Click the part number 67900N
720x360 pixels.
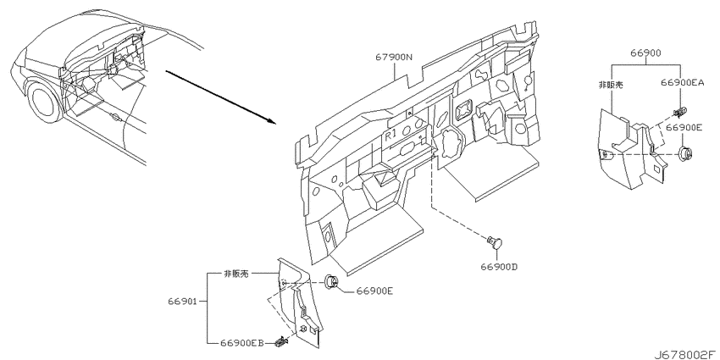click(x=394, y=58)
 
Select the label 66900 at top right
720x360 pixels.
click(x=645, y=53)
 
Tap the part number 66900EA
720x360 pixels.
click(x=682, y=82)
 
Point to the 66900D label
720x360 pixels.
click(x=499, y=266)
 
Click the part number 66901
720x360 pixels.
click(x=182, y=302)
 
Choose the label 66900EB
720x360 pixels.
click(x=242, y=342)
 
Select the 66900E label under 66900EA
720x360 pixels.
click(x=684, y=128)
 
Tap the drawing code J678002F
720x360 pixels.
click(x=685, y=354)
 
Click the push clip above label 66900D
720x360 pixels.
click(x=495, y=242)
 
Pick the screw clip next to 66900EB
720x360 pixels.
click(x=280, y=341)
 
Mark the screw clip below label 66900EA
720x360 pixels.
click(x=679, y=112)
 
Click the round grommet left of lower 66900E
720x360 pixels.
click(x=331, y=282)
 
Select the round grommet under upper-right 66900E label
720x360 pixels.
click(x=684, y=153)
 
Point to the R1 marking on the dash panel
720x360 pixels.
click(x=390, y=136)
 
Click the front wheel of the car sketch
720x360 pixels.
click(x=44, y=101)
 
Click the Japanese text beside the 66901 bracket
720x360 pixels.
click(x=235, y=274)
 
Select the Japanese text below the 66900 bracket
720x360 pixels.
click(x=611, y=85)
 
